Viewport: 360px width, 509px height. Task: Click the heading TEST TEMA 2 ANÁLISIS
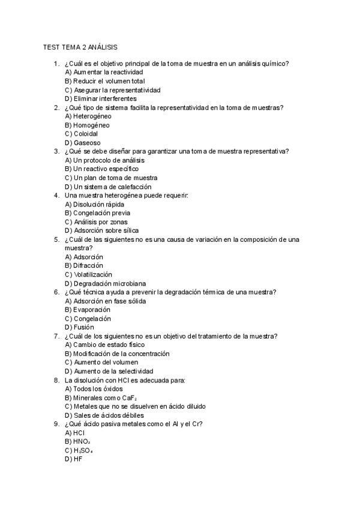point(80,47)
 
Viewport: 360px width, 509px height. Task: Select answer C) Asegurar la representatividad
point(112,90)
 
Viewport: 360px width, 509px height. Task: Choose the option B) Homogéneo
point(87,125)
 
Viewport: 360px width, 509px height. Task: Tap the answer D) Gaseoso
point(83,143)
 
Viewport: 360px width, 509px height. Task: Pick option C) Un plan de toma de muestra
point(111,178)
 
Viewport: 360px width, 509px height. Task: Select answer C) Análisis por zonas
point(96,221)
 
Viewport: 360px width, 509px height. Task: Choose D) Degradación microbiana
point(106,283)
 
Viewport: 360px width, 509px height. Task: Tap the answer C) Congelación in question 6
point(88,319)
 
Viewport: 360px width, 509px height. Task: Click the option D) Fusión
point(79,327)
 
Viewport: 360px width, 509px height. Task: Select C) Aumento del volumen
point(101,363)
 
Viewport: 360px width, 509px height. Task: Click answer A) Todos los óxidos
point(94,388)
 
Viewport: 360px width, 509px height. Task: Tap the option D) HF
point(73,459)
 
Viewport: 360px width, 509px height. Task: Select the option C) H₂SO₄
point(79,450)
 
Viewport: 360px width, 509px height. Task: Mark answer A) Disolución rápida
point(95,204)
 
